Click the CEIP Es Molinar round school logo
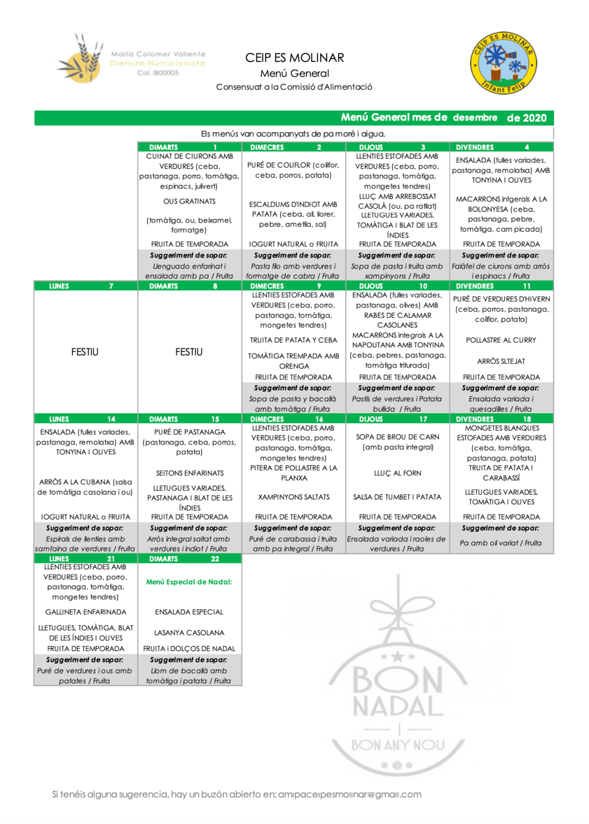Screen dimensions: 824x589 coord(503,63)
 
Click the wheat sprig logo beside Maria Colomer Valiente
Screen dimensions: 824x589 coord(81,58)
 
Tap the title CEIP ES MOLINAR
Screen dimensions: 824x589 coord(294,58)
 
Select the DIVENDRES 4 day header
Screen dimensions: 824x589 coord(501,147)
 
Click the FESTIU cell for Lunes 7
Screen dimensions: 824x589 coord(85,352)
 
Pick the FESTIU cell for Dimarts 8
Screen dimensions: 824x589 coord(189,352)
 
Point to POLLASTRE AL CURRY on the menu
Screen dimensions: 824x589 coord(501,340)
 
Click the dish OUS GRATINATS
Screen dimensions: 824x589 coord(189,201)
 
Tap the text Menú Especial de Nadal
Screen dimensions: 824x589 coord(189,582)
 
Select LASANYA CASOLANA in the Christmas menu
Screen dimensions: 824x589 coord(189,633)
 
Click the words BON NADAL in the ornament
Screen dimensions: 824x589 coord(398,693)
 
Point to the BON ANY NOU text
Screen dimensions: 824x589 coord(398,745)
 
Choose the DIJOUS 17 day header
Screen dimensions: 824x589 coord(398,419)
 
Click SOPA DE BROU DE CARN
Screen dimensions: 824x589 coord(398,437)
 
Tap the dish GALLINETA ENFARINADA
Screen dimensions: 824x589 coord(86,612)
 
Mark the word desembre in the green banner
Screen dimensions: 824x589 coord(475,118)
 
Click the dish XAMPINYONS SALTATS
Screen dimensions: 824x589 coord(293,497)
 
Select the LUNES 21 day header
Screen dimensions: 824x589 coord(86,558)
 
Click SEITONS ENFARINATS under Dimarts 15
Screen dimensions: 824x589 coord(189,473)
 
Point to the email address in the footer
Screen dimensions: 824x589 coord(350,795)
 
